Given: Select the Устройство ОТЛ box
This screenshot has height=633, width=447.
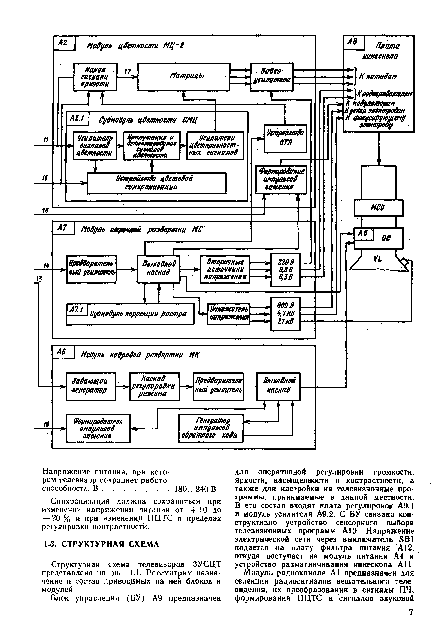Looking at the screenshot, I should [285, 138].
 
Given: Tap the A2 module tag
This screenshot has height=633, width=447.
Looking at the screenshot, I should [64, 43].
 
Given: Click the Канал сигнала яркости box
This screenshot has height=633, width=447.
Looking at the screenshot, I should [95, 77].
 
